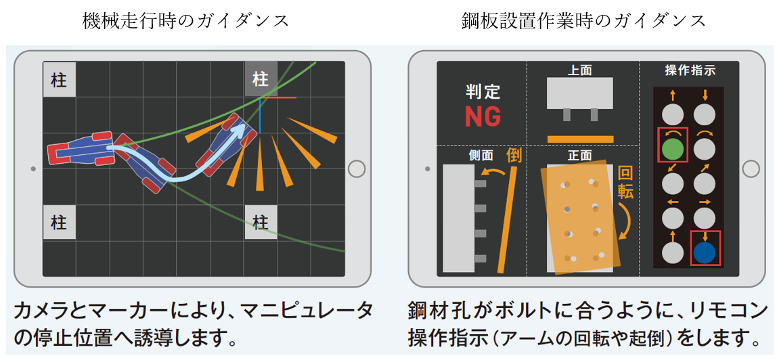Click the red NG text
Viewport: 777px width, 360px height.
click(x=483, y=117)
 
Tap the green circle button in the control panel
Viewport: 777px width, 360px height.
click(x=673, y=148)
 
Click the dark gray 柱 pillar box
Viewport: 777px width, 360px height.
click(x=261, y=79)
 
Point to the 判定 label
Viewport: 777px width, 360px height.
click(x=483, y=91)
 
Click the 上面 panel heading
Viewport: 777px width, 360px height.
click(x=580, y=71)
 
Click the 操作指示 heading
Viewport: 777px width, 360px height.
click(x=689, y=71)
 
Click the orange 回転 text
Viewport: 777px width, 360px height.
click(x=625, y=183)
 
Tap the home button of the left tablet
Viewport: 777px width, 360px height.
click(x=356, y=169)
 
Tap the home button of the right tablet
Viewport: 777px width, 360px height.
click(x=752, y=169)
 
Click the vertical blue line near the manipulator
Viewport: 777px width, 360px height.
click(x=259, y=116)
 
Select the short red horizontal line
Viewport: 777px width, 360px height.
click(x=278, y=98)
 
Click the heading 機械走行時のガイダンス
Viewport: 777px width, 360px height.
click(x=185, y=21)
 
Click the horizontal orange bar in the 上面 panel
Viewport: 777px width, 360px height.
click(x=580, y=138)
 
